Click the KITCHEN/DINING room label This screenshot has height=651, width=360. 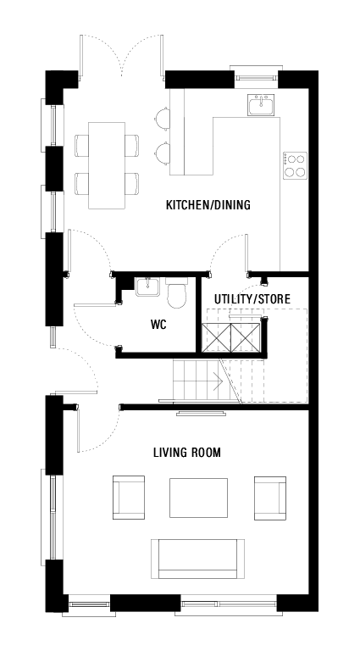[x=208, y=206]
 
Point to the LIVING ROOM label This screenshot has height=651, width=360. [x=186, y=453]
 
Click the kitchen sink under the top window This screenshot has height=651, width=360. [x=260, y=106]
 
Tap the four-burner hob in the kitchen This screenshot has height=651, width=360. [x=294, y=164]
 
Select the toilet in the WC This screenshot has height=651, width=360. [x=177, y=294]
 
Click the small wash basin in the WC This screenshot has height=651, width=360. [x=147, y=287]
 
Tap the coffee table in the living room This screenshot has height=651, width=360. [x=198, y=498]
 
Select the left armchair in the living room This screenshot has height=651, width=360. [x=128, y=498]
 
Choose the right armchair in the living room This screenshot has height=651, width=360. [x=269, y=498]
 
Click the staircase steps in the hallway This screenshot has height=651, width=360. [x=197, y=381]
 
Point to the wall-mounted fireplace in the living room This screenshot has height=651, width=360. [x=201, y=413]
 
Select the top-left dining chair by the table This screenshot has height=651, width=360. [x=81, y=146]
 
